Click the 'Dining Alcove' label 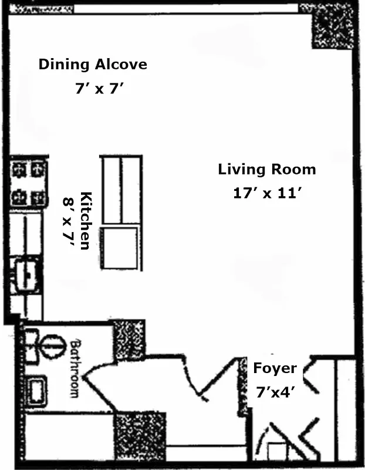click(x=92, y=64)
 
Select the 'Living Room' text click(x=266, y=170)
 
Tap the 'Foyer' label click(x=275, y=369)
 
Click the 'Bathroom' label click(x=75, y=367)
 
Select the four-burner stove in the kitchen click(x=29, y=183)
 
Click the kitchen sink click(x=27, y=274)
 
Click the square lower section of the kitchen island click(x=120, y=249)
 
